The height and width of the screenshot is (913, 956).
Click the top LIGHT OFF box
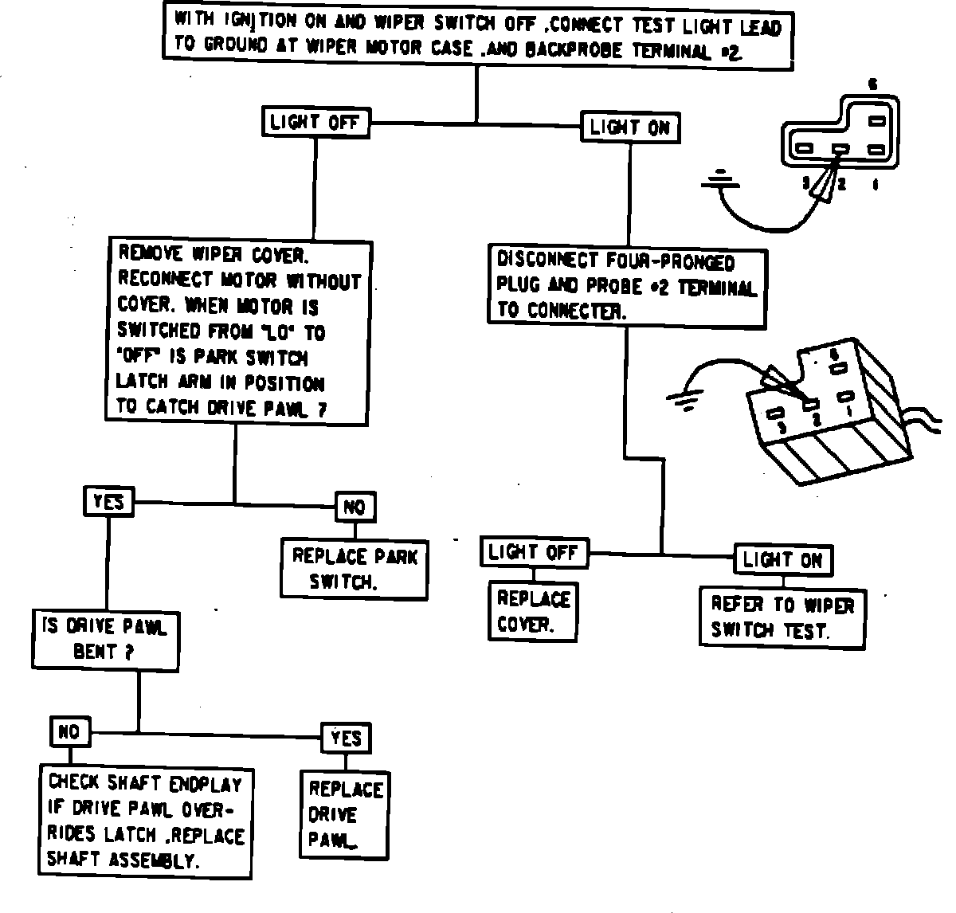point(315,123)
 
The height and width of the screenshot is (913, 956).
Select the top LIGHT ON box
point(630,127)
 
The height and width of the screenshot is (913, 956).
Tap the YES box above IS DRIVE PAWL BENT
point(108,501)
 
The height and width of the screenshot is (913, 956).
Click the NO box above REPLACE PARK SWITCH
point(355,507)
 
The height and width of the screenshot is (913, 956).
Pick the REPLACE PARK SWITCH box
point(354,568)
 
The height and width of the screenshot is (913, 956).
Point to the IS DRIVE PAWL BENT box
point(104,639)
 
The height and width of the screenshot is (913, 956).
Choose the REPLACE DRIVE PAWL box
point(345,813)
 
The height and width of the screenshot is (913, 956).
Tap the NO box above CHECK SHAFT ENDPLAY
point(70,731)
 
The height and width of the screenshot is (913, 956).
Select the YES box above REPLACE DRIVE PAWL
point(346,739)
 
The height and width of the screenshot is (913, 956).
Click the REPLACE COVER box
point(533,611)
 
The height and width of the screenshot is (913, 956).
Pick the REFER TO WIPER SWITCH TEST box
point(782,617)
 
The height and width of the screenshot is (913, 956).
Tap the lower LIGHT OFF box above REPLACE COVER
point(534,552)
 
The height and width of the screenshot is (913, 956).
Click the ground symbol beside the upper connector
point(721,181)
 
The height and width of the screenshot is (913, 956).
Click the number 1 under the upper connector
point(876,185)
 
